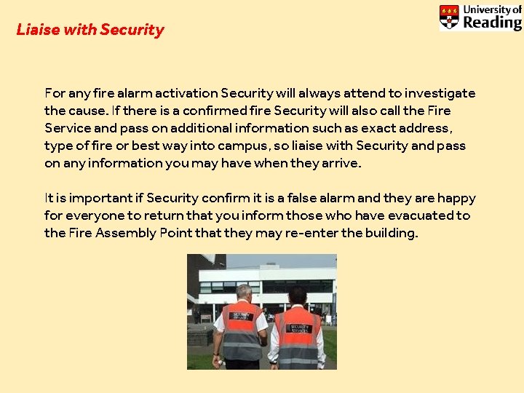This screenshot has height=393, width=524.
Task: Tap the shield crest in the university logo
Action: pos(449,17)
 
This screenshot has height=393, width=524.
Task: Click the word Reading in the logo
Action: pos(492,22)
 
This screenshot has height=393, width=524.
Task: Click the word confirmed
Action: pos(217,111)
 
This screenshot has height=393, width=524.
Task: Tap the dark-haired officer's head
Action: pos(297,295)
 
